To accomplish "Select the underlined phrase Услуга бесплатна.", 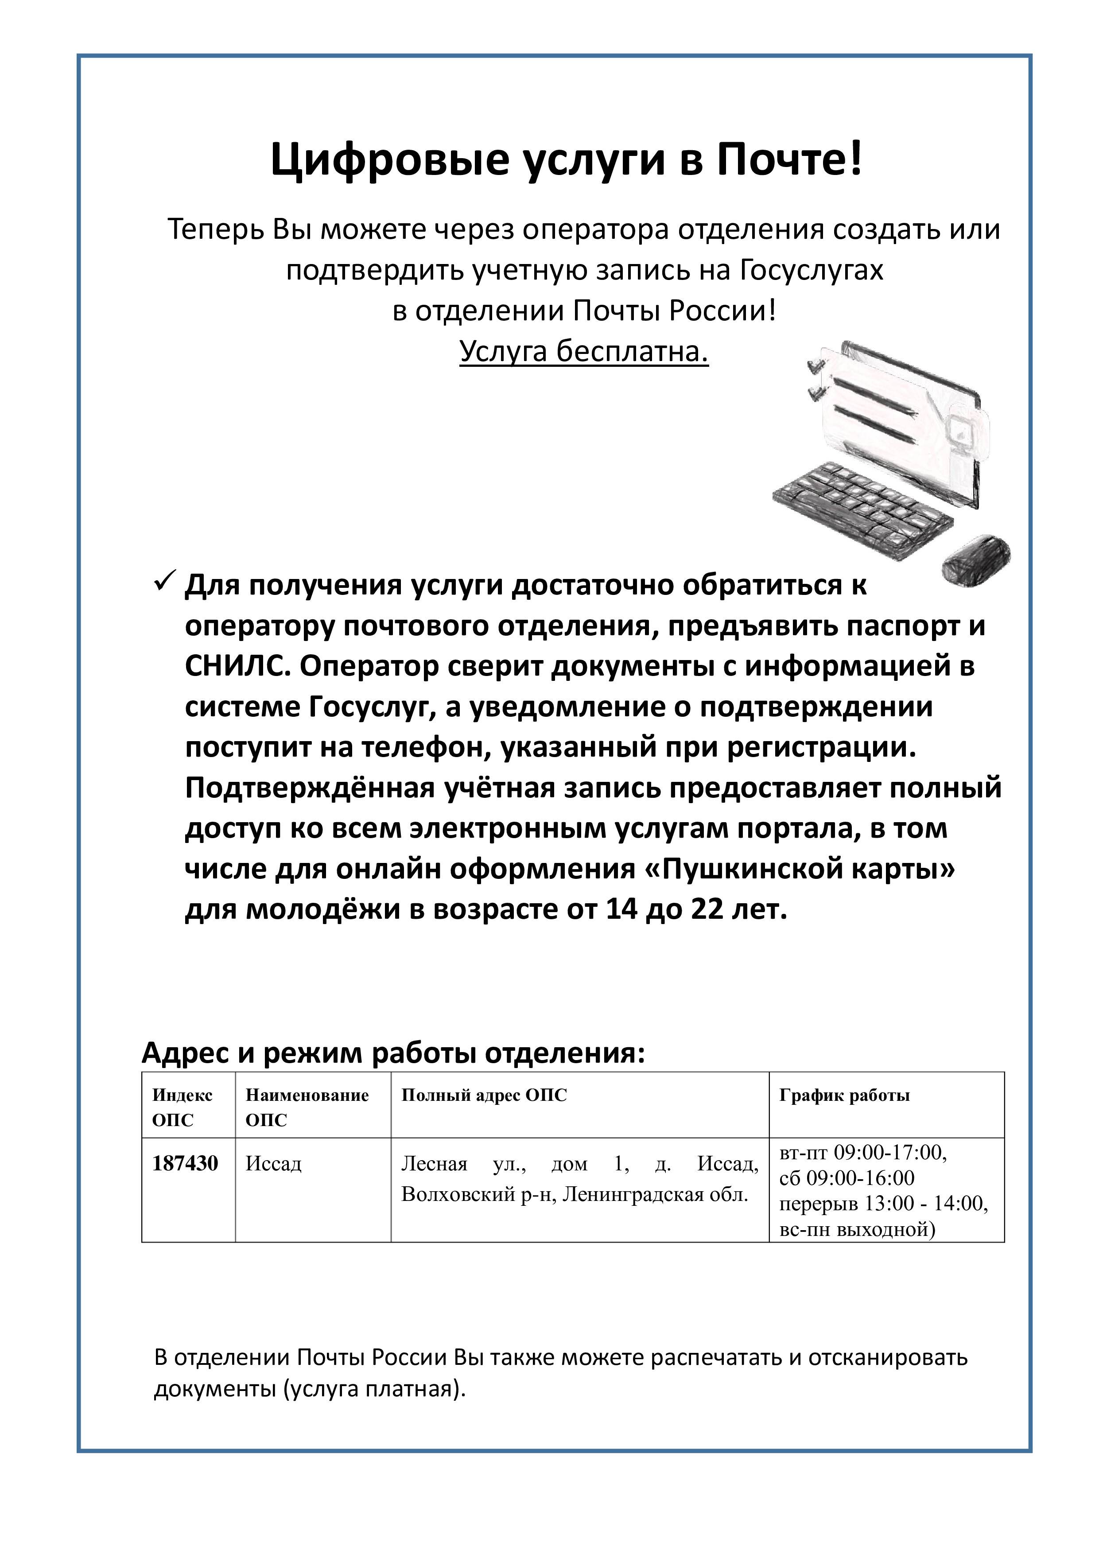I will [583, 351].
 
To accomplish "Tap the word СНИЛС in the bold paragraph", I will [237, 667].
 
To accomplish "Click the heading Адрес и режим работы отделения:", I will [393, 1053].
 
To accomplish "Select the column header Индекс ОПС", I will [182, 1107].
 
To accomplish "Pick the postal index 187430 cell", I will [185, 1163].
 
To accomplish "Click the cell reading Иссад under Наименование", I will [273, 1163].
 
